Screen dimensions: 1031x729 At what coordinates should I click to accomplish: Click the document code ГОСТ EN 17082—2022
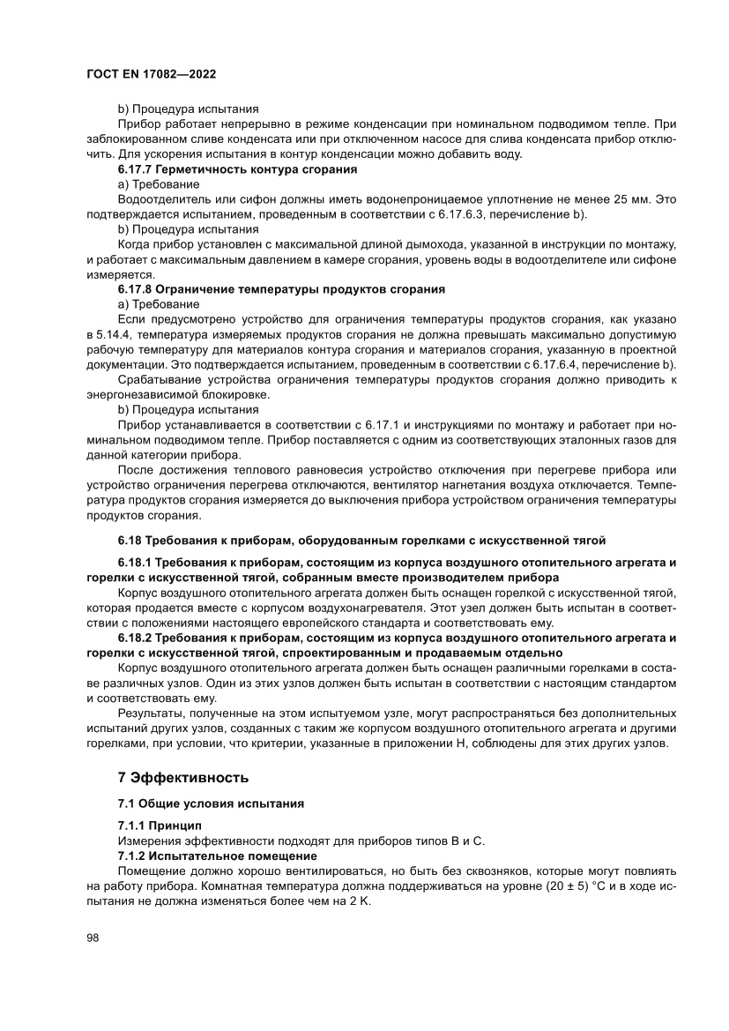pos(151,74)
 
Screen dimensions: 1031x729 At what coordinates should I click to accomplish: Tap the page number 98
pos(93,938)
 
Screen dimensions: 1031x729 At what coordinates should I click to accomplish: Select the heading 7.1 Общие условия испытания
pos(211,804)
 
